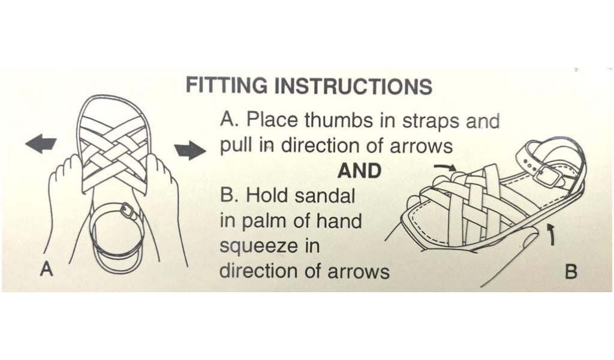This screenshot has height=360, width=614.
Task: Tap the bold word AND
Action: tap(360, 171)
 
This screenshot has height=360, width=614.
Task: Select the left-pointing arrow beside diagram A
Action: tap(41, 143)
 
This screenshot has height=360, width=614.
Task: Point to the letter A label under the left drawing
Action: tap(46, 269)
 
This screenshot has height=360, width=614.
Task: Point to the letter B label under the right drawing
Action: tap(571, 272)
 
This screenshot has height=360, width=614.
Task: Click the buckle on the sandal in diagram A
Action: tap(128, 211)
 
